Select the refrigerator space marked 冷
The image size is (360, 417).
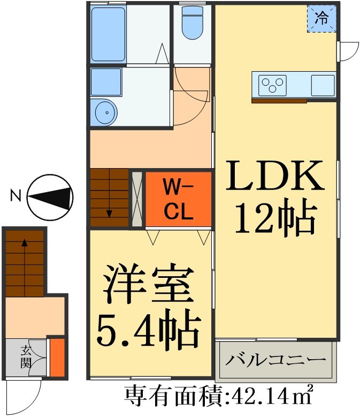coord(322,19)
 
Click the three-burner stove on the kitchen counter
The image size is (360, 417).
coord(273,85)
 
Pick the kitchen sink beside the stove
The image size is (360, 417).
coord(322,85)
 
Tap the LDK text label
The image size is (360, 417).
coord(275,178)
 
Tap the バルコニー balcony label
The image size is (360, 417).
coord(275,359)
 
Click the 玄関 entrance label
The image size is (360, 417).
coord(25,357)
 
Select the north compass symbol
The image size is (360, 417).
coord(50,197)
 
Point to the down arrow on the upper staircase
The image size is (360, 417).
coord(109,213)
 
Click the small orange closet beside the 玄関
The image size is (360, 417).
coord(57,357)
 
